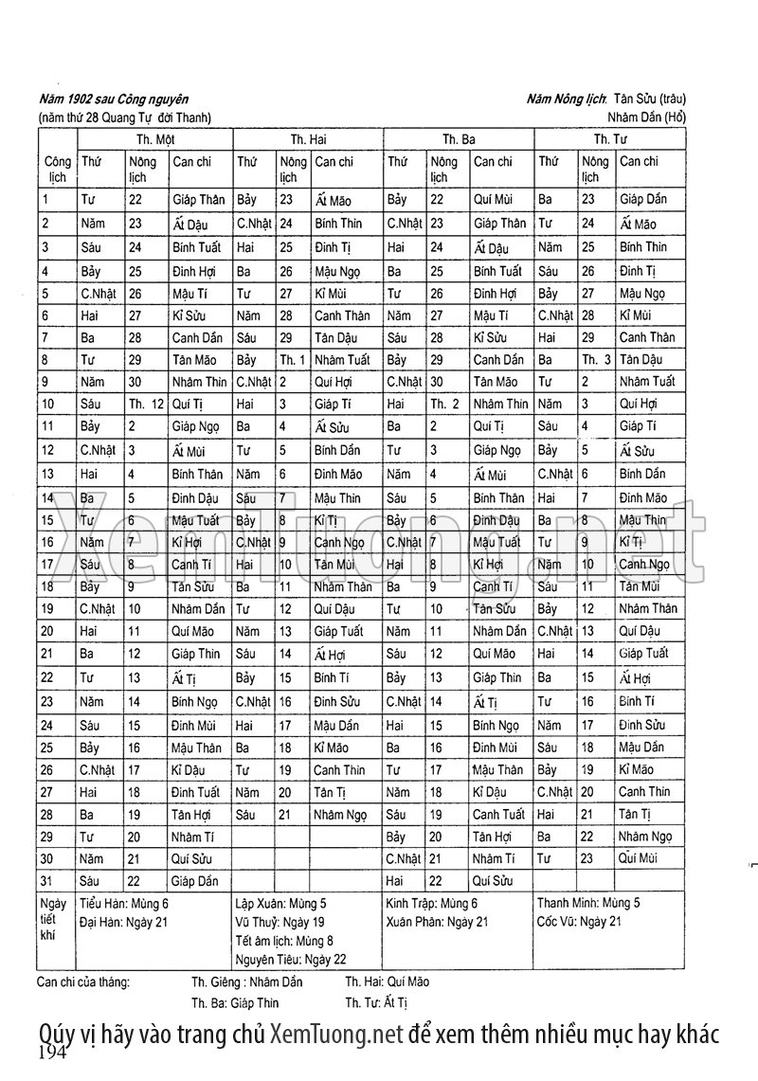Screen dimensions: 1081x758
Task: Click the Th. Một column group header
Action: coord(153,139)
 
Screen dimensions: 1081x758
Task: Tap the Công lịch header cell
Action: coord(58,169)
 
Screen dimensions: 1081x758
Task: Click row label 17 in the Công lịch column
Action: coord(47,565)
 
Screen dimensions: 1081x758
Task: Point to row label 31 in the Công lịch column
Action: coord(47,881)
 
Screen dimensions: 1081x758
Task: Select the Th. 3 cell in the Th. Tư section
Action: coord(596,360)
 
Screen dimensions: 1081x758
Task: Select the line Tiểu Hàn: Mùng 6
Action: coord(123,904)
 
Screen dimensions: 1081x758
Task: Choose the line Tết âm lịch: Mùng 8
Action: coord(283,940)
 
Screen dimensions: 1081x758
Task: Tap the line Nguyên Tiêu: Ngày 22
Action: coord(290,958)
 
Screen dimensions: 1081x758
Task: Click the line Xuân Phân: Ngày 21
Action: coord(437,922)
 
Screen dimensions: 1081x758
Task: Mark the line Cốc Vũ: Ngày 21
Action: coord(579,922)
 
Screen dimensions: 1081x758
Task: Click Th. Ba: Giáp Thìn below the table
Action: coord(235,1002)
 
